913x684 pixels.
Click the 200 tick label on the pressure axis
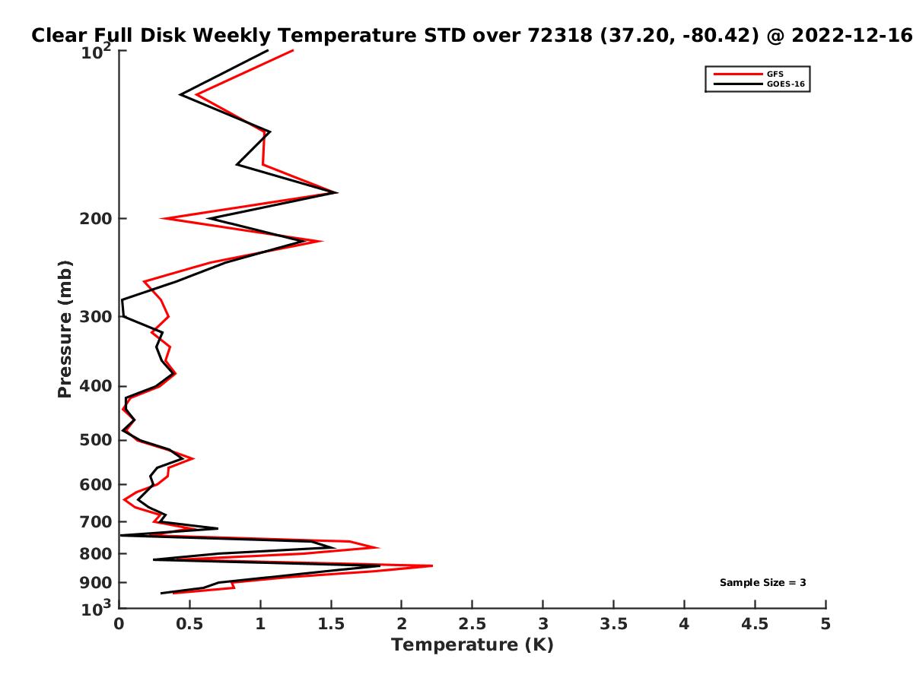click(x=95, y=217)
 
